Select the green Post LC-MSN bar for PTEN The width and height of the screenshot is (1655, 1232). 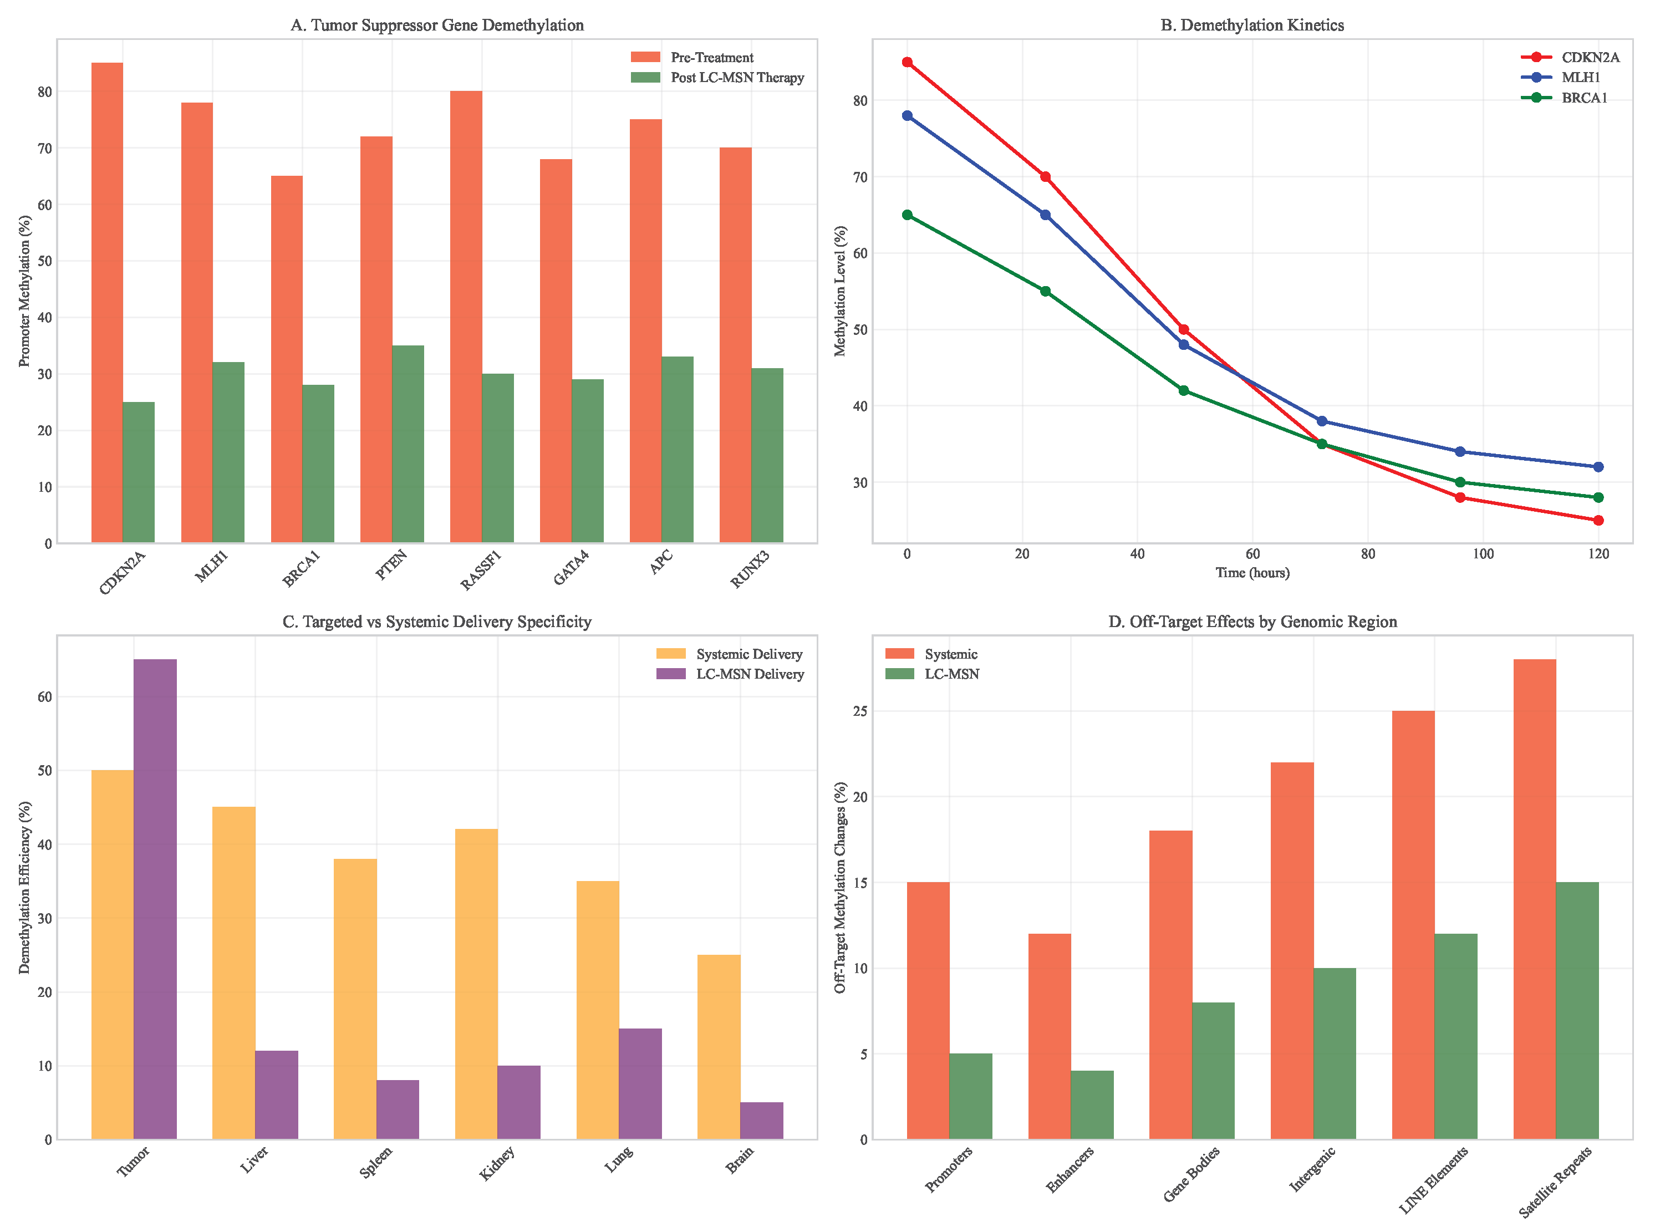(x=408, y=444)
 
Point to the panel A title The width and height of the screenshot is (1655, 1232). (x=437, y=26)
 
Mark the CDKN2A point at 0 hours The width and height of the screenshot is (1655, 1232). (x=907, y=63)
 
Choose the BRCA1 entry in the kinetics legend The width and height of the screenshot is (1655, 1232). (x=1584, y=98)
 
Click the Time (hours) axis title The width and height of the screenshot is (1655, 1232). (x=1252, y=573)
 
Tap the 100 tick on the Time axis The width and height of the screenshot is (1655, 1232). (x=1483, y=554)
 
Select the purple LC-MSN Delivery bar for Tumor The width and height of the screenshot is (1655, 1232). (x=155, y=899)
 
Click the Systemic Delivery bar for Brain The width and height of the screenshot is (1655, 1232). (x=719, y=1046)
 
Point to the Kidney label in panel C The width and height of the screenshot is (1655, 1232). (x=497, y=1163)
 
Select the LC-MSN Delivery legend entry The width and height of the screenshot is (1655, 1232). (x=750, y=674)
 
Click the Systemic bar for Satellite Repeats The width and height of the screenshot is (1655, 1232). (x=1535, y=899)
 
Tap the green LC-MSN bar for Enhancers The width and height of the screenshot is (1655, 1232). (x=1092, y=1104)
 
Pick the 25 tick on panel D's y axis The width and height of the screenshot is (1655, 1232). (x=862, y=711)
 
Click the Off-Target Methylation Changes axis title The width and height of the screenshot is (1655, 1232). (x=841, y=888)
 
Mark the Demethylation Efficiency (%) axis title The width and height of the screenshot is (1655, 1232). (x=24, y=888)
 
